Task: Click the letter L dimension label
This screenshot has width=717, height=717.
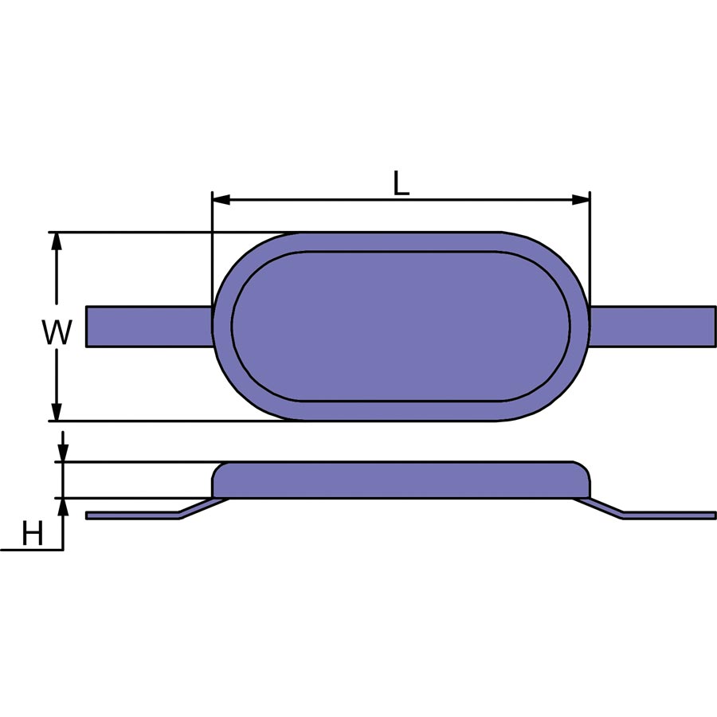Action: coord(401,183)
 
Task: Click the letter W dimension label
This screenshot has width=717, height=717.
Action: coord(57,332)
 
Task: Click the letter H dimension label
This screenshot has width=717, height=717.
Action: coord(33,533)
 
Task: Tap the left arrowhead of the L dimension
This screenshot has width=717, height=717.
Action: coord(221,199)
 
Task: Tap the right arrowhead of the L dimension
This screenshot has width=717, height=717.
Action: coord(582,199)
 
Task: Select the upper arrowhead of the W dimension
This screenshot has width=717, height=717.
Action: coord(57,241)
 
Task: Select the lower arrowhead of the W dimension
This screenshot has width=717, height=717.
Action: coord(57,412)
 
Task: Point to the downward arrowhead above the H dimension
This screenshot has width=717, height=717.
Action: coord(63,453)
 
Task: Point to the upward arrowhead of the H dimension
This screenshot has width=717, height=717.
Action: coord(63,507)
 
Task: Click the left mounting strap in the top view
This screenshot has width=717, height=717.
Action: coord(150,327)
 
